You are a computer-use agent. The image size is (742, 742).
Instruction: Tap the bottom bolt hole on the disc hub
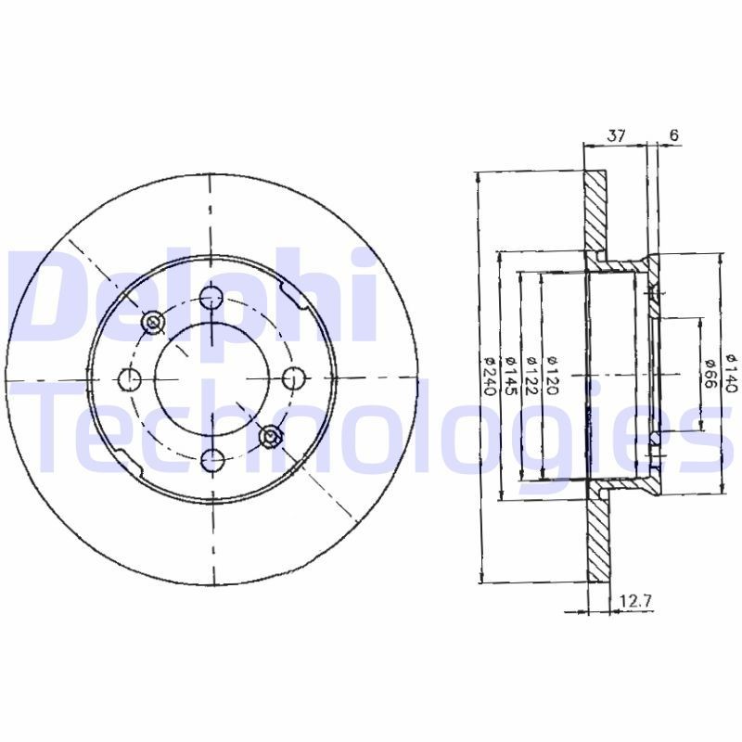212,455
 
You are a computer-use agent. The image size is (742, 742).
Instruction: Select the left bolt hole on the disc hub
131,378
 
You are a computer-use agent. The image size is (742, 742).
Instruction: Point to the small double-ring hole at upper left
153,321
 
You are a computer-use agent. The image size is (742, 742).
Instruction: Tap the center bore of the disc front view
212,377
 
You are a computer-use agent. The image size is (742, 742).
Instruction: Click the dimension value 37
615,135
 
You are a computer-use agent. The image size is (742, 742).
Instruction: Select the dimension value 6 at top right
673,135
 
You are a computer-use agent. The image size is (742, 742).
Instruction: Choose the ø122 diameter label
531,377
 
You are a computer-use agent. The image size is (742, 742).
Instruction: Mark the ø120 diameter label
553,377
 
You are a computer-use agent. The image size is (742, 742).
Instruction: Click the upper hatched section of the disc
596,213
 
